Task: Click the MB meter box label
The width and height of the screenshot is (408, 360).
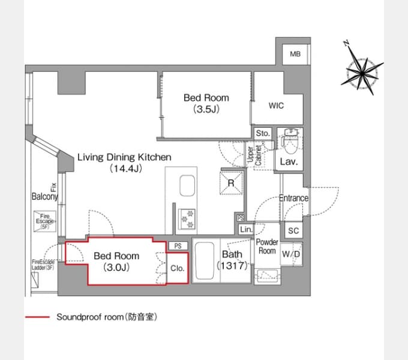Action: [x=295, y=54]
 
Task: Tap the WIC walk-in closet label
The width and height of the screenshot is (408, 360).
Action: [x=276, y=106]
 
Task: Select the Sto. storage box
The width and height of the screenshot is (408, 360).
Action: [x=263, y=133]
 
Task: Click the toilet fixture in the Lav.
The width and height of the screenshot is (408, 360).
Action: [x=290, y=141]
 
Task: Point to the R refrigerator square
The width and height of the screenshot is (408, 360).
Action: [x=231, y=183]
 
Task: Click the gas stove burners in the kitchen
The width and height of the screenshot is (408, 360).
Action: [x=187, y=219]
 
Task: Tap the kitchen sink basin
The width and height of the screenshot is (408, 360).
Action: [x=187, y=185]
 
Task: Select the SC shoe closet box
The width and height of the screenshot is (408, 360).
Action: [x=293, y=230]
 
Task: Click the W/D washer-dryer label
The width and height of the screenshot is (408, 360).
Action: [x=291, y=254]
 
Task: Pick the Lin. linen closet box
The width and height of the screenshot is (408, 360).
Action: [x=246, y=229]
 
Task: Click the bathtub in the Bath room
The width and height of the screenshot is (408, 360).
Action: [x=205, y=260]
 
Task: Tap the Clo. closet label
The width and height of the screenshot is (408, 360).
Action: [x=177, y=268]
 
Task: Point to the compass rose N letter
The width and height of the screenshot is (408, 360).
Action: [x=346, y=43]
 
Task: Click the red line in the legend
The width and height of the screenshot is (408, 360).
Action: [x=37, y=317]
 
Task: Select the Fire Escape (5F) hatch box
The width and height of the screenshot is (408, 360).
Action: [x=45, y=221]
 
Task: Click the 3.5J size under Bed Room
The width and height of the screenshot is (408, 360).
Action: [x=206, y=109]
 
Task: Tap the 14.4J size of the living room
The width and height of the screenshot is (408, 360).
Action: [x=125, y=169]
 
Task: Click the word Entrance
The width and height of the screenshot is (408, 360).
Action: [x=293, y=198]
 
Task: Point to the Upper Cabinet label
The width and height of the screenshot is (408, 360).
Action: [x=254, y=155]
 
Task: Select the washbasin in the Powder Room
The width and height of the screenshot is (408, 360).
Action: [x=267, y=276]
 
